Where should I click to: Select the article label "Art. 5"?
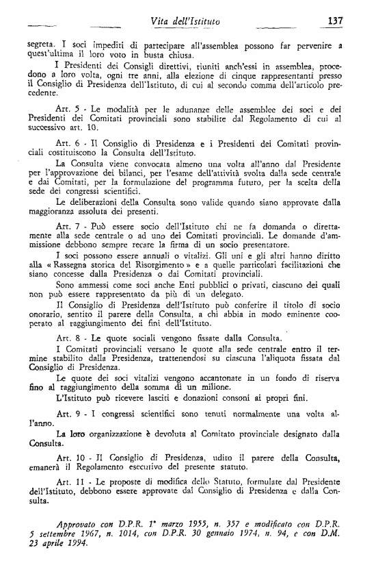point(66,110)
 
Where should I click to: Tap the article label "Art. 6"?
point(67,146)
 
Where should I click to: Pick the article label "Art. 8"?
point(67,337)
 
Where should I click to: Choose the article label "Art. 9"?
point(67,414)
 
